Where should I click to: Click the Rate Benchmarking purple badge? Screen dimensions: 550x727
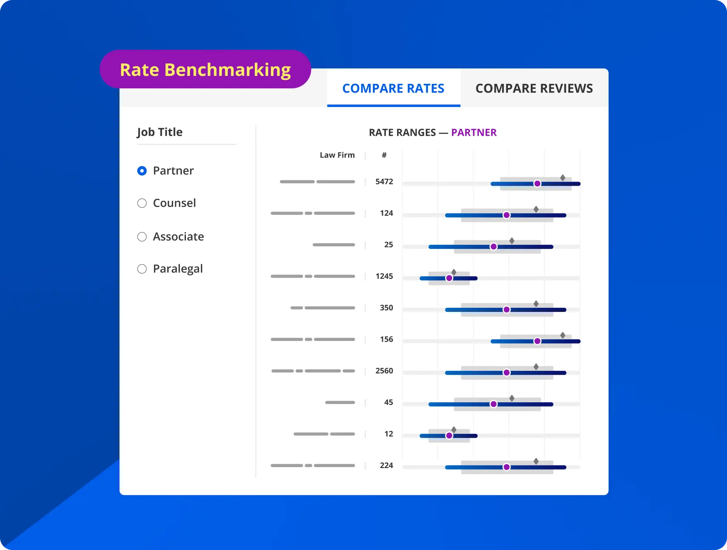(x=205, y=69)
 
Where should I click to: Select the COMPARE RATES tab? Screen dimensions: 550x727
(x=393, y=88)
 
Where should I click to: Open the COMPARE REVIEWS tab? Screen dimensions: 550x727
(x=534, y=88)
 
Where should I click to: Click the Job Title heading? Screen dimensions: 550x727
(x=160, y=132)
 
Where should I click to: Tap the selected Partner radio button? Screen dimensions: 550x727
(x=142, y=171)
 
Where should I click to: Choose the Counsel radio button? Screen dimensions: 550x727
(x=142, y=203)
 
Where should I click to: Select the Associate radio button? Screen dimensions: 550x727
(x=142, y=237)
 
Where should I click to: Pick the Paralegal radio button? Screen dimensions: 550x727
(x=142, y=269)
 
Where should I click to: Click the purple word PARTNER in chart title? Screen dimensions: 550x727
(x=473, y=132)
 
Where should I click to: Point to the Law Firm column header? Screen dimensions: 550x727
(x=337, y=155)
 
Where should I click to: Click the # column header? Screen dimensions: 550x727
(x=384, y=155)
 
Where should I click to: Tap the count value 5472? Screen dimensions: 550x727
(x=384, y=182)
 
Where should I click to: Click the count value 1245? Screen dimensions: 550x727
(x=384, y=276)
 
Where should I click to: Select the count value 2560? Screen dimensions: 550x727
(x=384, y=371)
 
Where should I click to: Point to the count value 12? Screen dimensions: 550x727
(x=388, y=434)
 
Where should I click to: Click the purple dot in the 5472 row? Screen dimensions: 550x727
(x=537, y=184)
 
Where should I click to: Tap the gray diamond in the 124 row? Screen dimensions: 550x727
(x=536, y=209)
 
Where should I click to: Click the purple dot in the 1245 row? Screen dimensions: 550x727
(x=449, y=278)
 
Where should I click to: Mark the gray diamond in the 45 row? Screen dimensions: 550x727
(x=512, y=398)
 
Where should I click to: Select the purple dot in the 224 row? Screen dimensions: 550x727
(x=506, y=467)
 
